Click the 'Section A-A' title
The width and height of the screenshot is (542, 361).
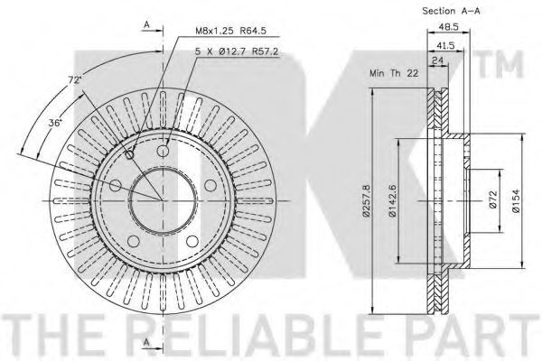[451, 11]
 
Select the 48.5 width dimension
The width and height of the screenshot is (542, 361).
[449, 27]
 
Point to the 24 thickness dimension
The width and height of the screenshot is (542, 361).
[437, 60]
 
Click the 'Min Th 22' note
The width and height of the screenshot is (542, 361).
[394, 73]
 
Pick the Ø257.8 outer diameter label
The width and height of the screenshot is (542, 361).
[367, 200]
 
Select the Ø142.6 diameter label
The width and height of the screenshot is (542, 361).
[392, 200]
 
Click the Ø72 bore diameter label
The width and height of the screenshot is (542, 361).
[493, 199]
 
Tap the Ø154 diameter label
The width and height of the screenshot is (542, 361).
[516, 200]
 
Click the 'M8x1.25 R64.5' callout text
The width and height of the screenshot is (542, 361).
[231, 31]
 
